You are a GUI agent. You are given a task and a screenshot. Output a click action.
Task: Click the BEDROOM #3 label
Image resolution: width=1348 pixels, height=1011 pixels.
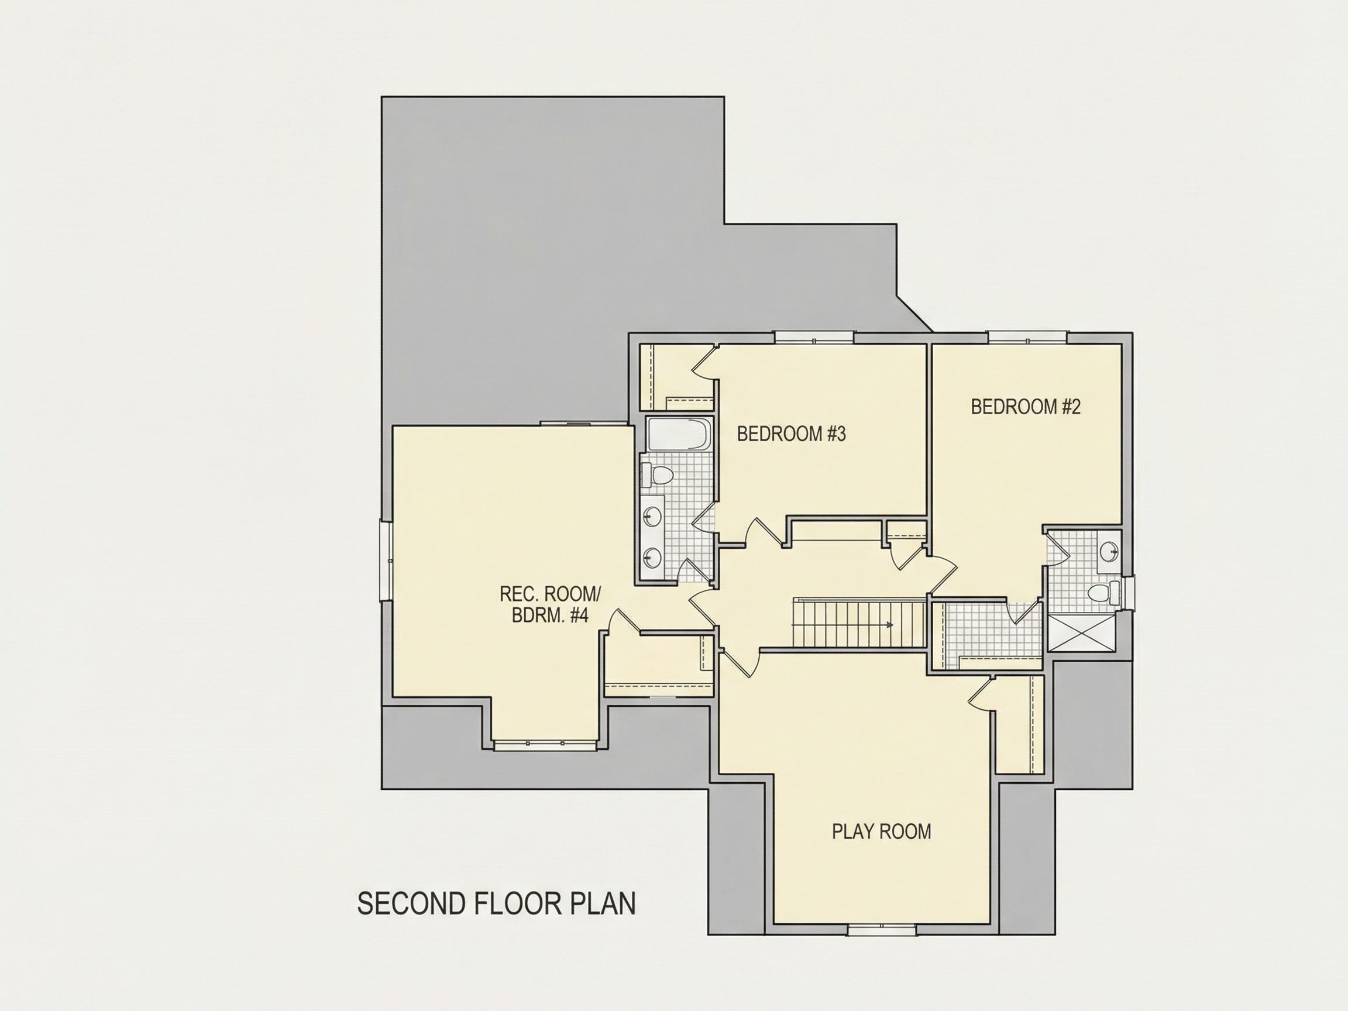click(791, 434)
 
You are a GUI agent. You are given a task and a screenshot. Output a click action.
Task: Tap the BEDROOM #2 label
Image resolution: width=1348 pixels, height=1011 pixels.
click(1026, 407)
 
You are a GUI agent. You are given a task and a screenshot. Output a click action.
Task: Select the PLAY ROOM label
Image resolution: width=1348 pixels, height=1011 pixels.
click(881, 831)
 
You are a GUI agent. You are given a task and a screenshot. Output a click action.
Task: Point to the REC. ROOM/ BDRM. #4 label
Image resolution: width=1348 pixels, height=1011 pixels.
click(551, 604)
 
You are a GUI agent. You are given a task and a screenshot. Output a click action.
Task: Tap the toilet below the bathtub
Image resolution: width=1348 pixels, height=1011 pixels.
click(656, 474)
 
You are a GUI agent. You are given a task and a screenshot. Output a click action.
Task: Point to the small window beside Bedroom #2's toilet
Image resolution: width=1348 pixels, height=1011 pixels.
click(1127, 593)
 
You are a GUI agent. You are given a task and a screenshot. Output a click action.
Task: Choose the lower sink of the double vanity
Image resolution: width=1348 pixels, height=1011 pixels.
click(653, 556)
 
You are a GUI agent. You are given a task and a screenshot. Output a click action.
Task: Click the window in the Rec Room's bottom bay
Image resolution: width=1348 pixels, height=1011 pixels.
click(544, 745)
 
